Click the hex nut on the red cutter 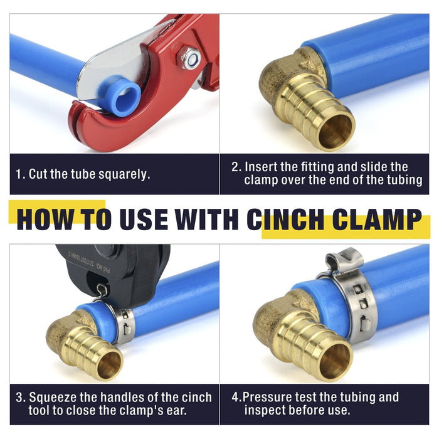pos(189,58)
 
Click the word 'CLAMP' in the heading pos(377,219)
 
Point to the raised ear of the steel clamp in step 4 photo pos(344,260)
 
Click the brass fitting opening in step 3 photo pos(110,366)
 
